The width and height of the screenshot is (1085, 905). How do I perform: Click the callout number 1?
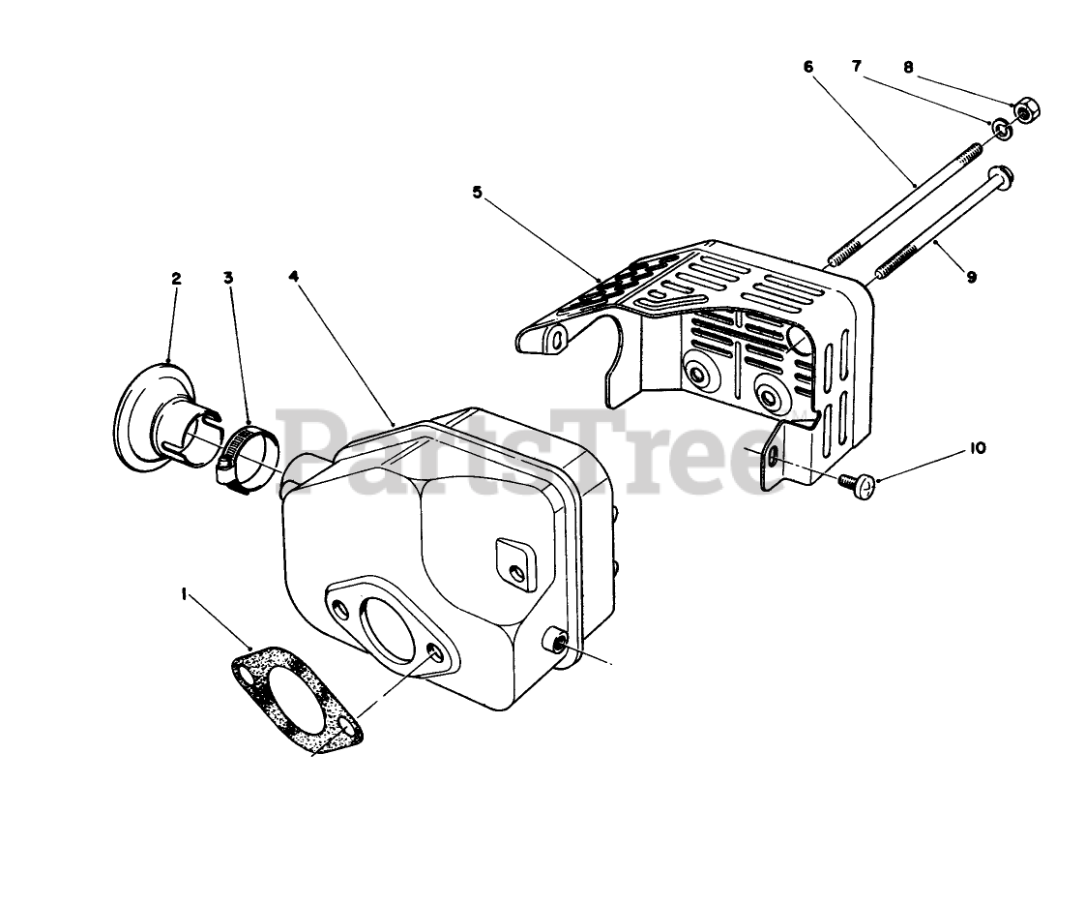(185, 597)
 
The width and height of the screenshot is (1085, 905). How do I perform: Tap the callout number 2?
(176, 278)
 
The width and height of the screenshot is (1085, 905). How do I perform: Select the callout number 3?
(228, 278)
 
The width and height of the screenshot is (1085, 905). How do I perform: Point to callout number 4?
(294, 276)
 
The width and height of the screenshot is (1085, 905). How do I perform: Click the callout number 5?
(477, 192)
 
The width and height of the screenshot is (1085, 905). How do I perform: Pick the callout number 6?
(808, 67)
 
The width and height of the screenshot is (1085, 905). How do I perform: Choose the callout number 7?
(857, 66)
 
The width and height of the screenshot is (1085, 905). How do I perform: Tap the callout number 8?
(908, 67)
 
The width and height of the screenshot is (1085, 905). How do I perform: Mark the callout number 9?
(971, 277)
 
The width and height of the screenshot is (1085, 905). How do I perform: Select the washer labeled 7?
(1001, 127)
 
